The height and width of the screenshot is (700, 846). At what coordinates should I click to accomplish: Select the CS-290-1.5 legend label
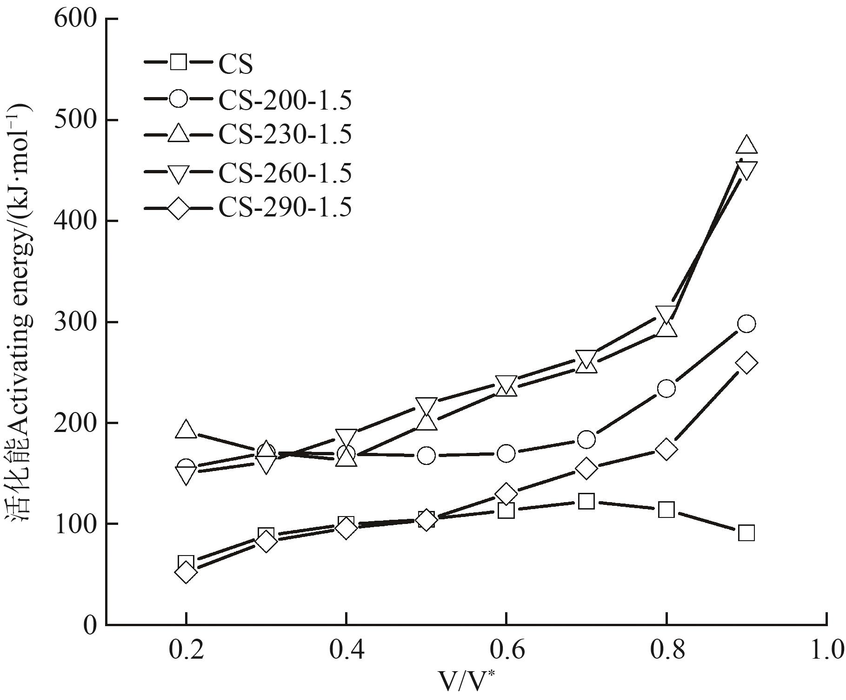click(x=285, y=208)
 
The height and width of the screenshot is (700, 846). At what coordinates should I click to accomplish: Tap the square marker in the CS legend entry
click(x=179, y=62)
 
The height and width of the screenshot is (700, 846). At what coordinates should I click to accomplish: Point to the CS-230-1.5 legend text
click(x=285, y=135)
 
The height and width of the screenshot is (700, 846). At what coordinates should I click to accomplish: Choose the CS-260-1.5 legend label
click(x=285, y=173)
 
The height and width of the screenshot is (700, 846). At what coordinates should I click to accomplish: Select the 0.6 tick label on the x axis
click(x=506, y=651)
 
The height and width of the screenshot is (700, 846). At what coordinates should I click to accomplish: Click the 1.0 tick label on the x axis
click(x=826, y=651)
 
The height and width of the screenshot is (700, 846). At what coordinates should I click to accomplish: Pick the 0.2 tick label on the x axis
click(x=186, y=651)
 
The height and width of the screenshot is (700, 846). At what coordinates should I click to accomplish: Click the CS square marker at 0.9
click(x=746, y=533)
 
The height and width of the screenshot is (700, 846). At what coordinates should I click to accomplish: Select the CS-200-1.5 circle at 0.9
click(x=746, y=324)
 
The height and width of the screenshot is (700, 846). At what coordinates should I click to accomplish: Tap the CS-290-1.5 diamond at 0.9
click(x=746, y=363)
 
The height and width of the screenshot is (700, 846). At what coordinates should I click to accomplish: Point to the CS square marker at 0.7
click(x=586, y=502)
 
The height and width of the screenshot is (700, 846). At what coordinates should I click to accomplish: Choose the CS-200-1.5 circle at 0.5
click(x=426, y=456)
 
